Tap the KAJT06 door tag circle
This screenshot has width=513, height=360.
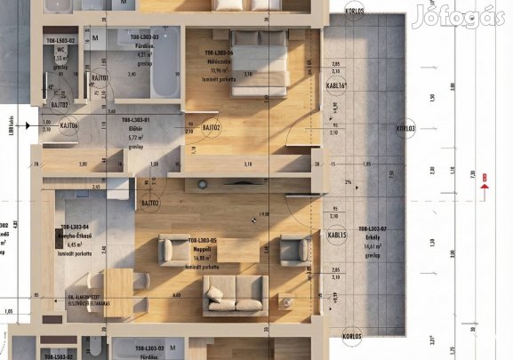click(x=70, y=127)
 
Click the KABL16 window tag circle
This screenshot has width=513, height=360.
click(x=336, y=86)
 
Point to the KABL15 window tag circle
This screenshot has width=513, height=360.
click(x=337, y=236)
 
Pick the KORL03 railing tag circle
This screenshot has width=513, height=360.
click(x=405, y=128)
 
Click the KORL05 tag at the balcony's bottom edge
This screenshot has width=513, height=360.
click(x=351, y=337)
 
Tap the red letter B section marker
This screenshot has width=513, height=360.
click(x=485, y=178)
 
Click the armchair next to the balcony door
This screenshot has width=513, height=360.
click(x=293, y=249)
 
